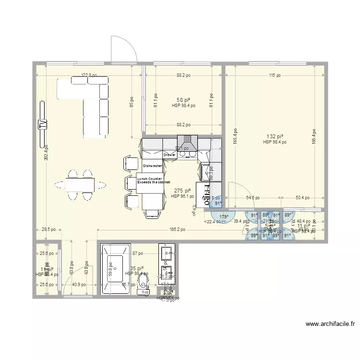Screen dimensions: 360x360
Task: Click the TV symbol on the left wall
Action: pos(42,124)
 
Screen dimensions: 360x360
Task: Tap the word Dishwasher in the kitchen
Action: pos(152,166)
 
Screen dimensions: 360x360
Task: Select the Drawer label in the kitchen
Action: pos(169,155)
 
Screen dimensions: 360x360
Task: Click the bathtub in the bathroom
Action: pos(115,269)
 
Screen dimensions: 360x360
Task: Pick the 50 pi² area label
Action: pos(183,99)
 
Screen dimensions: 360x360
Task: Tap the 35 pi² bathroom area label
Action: pos(136,268)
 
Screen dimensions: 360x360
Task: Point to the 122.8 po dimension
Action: pos(89,75)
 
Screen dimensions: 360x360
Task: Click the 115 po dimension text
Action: pos(275,75)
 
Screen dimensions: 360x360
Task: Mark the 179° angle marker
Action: pos(223,217)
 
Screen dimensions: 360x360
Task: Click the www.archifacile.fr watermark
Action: pos(330,324)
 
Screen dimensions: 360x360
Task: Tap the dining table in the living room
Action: pos(80,184)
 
